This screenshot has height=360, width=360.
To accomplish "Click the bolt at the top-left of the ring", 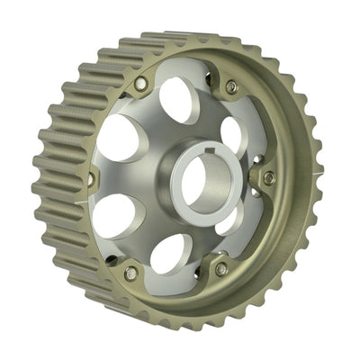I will [140, 85].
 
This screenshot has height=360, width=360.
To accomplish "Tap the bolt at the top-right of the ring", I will [231, 86].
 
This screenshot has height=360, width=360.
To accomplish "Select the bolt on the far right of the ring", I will [267, 176].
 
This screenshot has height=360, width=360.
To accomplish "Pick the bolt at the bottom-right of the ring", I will [220, 268].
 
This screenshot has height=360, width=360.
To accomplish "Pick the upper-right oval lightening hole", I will [231, 133].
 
